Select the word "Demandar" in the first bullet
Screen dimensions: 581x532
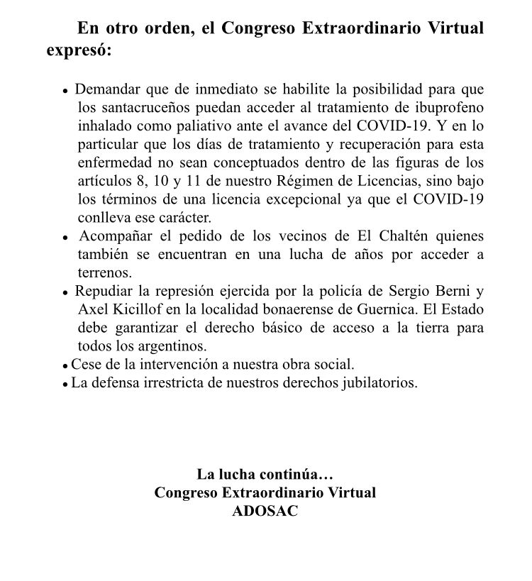click(x=107, y=90)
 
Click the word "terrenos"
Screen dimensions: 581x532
click(x=104, y=272)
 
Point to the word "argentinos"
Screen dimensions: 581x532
click(x=172, y=346)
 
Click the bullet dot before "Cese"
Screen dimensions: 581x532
click(x=66, y=366)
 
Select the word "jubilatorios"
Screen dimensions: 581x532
click(x=380, y=383)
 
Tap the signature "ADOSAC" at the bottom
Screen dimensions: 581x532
click(x=265, y=511)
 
